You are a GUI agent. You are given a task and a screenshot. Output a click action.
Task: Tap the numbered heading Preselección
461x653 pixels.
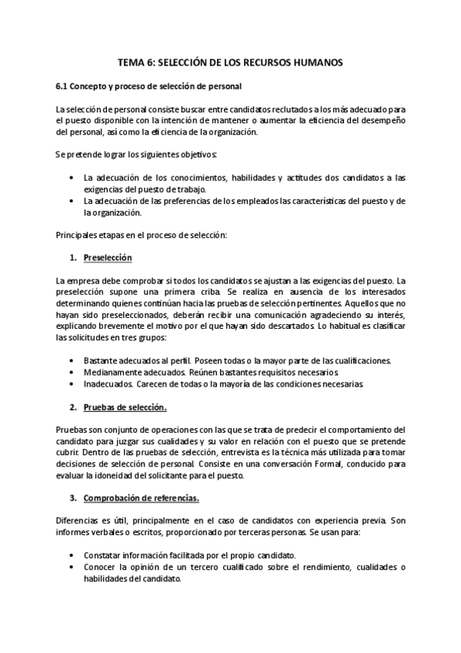108,257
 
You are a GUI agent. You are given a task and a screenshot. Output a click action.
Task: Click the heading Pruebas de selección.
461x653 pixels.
125,407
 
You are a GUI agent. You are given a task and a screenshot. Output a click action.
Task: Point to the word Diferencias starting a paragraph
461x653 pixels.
81,521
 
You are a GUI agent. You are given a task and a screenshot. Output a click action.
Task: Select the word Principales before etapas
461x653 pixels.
79,234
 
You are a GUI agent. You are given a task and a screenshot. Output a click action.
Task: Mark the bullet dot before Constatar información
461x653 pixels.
72,555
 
